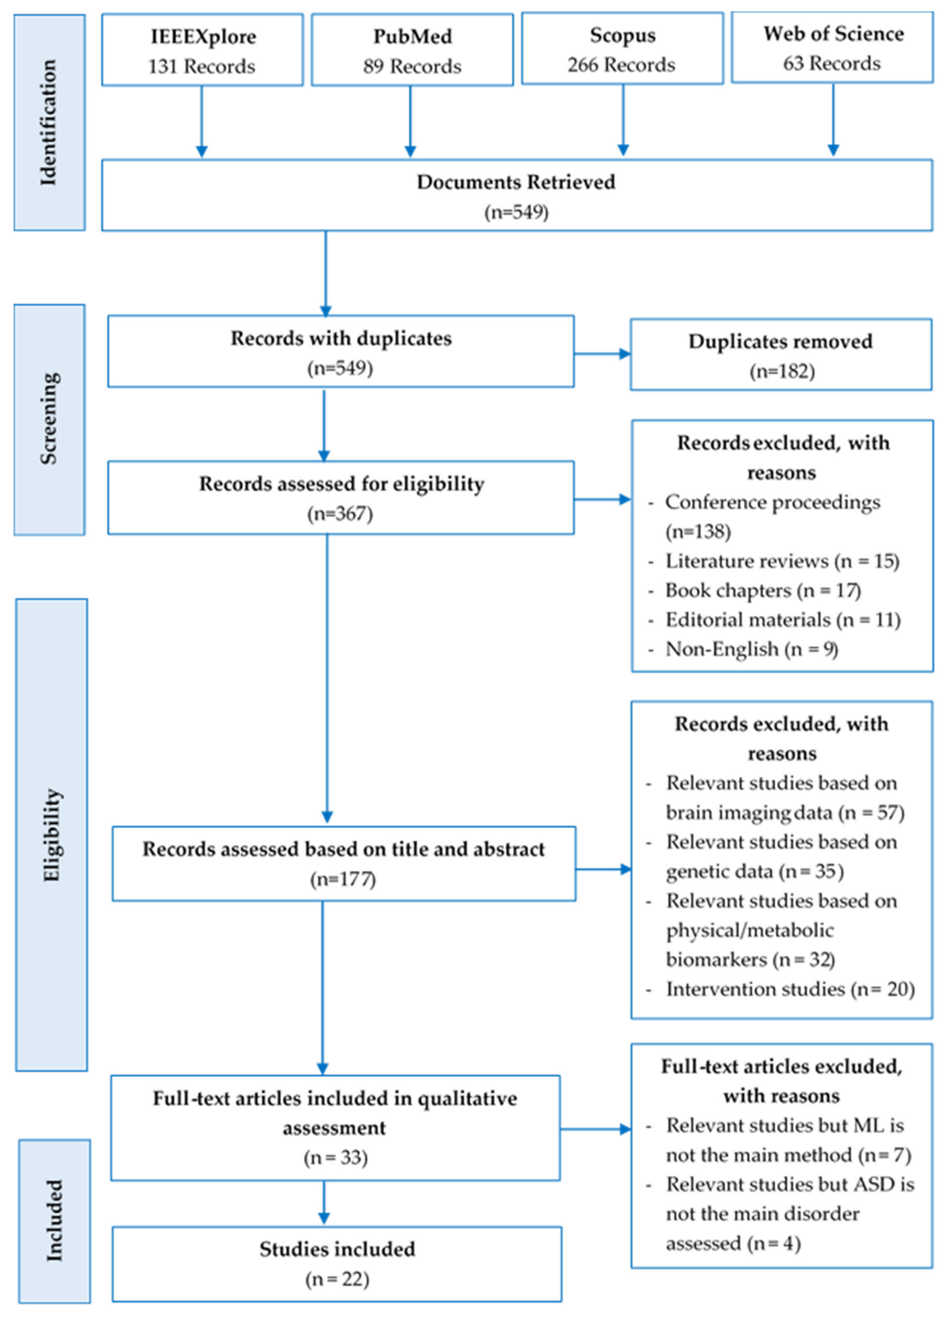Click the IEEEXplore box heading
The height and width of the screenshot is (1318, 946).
[x=203, y=37]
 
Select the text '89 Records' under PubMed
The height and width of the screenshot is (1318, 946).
[x=412, y=66]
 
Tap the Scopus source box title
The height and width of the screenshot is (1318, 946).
[x=622, y=35]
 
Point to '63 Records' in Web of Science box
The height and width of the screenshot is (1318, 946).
[x=832, y=63]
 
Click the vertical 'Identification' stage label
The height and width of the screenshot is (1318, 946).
[x=49, y=123]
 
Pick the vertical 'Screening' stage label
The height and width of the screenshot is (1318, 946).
[x=49, y=418]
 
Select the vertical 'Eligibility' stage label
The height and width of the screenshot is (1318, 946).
[x=51, y=835]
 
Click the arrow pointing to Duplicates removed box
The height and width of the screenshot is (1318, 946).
[x=603, y=353]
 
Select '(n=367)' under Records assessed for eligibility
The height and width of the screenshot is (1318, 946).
[x=340, y=513]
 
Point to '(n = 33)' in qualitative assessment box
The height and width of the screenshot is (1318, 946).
[x=335, y=1157]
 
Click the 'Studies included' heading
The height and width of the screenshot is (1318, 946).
[x=337, y=1249]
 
